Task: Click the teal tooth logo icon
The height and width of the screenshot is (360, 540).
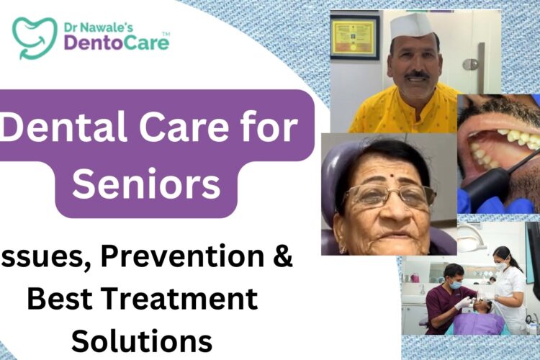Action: [34, 36]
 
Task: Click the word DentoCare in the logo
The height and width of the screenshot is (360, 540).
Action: [116, 42]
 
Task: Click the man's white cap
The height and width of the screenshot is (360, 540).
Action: [412, 27]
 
